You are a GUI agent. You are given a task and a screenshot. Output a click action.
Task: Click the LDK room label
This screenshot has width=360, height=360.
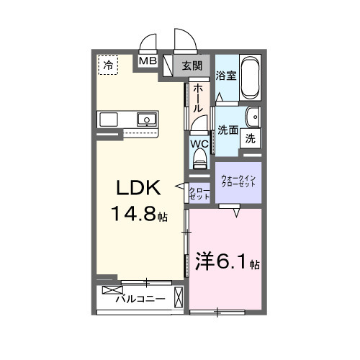[138, 187]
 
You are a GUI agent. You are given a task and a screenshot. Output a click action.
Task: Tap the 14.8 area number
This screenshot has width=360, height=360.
[133, 214]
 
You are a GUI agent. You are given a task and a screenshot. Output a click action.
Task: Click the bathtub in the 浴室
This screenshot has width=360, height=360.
[250, 78]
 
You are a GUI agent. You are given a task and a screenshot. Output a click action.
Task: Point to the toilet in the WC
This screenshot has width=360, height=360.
[199, 158]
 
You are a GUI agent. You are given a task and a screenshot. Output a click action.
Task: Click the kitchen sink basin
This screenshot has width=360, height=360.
[147, 120]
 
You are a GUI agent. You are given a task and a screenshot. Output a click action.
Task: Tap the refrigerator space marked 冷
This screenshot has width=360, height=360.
[108, 65]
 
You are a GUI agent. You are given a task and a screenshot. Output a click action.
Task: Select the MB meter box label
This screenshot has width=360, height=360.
[148, 61]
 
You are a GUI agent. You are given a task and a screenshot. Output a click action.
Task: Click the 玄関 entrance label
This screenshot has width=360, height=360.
[192, 66]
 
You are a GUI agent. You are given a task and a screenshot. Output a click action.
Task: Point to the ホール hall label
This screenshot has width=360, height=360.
[198, 99]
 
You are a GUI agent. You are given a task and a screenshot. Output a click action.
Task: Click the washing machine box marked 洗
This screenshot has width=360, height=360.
[251, 138]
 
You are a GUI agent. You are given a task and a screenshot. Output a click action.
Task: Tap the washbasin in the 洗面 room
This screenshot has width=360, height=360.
[253, 117]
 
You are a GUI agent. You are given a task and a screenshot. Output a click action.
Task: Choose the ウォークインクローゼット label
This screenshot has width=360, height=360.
[238, 181]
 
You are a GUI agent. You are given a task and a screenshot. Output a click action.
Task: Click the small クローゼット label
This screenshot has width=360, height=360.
[199, 194]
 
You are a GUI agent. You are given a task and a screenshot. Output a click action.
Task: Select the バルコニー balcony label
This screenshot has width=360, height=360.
[140, 299]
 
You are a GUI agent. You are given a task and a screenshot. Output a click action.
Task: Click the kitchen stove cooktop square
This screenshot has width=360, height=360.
[109, 120]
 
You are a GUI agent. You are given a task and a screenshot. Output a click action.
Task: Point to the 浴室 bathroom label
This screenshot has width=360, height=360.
[226, 76]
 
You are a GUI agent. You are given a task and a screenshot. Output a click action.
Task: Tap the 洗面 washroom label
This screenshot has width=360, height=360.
[228, 130]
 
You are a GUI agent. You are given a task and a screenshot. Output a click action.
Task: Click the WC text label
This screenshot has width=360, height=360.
[199, 144]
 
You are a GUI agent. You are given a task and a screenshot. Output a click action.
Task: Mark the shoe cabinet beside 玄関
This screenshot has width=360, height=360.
[168, 66]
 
